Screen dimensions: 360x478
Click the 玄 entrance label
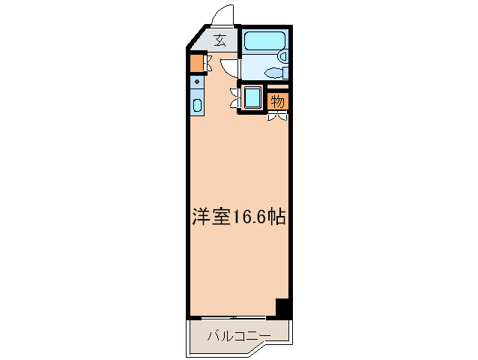point(220,41)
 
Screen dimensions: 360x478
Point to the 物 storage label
point(276,100)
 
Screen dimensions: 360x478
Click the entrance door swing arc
point(223,16)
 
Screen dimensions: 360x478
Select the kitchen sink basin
point(196,105)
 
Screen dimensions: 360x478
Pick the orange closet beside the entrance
point(196,63)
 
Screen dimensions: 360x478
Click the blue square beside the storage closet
point(251,97)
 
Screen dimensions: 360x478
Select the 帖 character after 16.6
point(277,217)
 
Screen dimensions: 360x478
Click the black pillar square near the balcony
point(282,307)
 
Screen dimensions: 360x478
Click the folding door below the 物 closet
point(276,115)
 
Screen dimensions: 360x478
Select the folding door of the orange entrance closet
point(208,64)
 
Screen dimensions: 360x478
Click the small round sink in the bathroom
point(282,55)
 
